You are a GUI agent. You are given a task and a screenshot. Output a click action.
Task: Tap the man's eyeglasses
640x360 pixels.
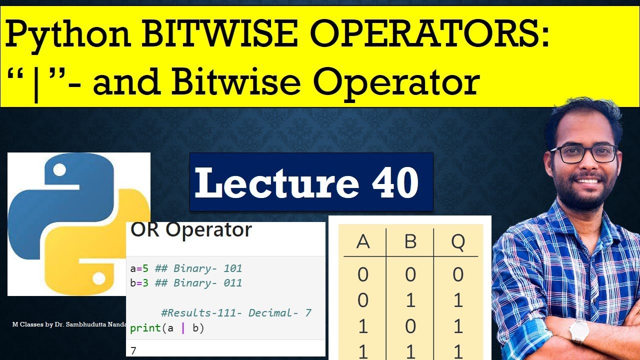click(x=583, y=153)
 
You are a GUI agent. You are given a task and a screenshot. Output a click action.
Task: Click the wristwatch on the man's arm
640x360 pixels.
click(x=579, y=331)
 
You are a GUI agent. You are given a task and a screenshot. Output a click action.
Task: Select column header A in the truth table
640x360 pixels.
click(x=363, y=242)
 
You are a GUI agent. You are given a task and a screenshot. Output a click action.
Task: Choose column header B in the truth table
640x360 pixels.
click(x=410, y=242)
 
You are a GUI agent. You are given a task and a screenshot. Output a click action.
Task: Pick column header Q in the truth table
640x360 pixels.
click(x=457, y=242)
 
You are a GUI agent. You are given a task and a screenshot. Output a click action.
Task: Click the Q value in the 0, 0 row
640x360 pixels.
click(x=457, y=274)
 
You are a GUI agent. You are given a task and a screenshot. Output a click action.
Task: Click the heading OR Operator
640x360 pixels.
click(x=191, y=230)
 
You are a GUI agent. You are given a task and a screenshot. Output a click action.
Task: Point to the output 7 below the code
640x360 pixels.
click(x=133, y=350)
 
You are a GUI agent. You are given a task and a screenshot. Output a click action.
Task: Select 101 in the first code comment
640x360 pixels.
click(x=232, y=268)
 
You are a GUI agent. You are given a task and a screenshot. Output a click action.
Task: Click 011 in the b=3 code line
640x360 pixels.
click(x=232, y=283)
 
